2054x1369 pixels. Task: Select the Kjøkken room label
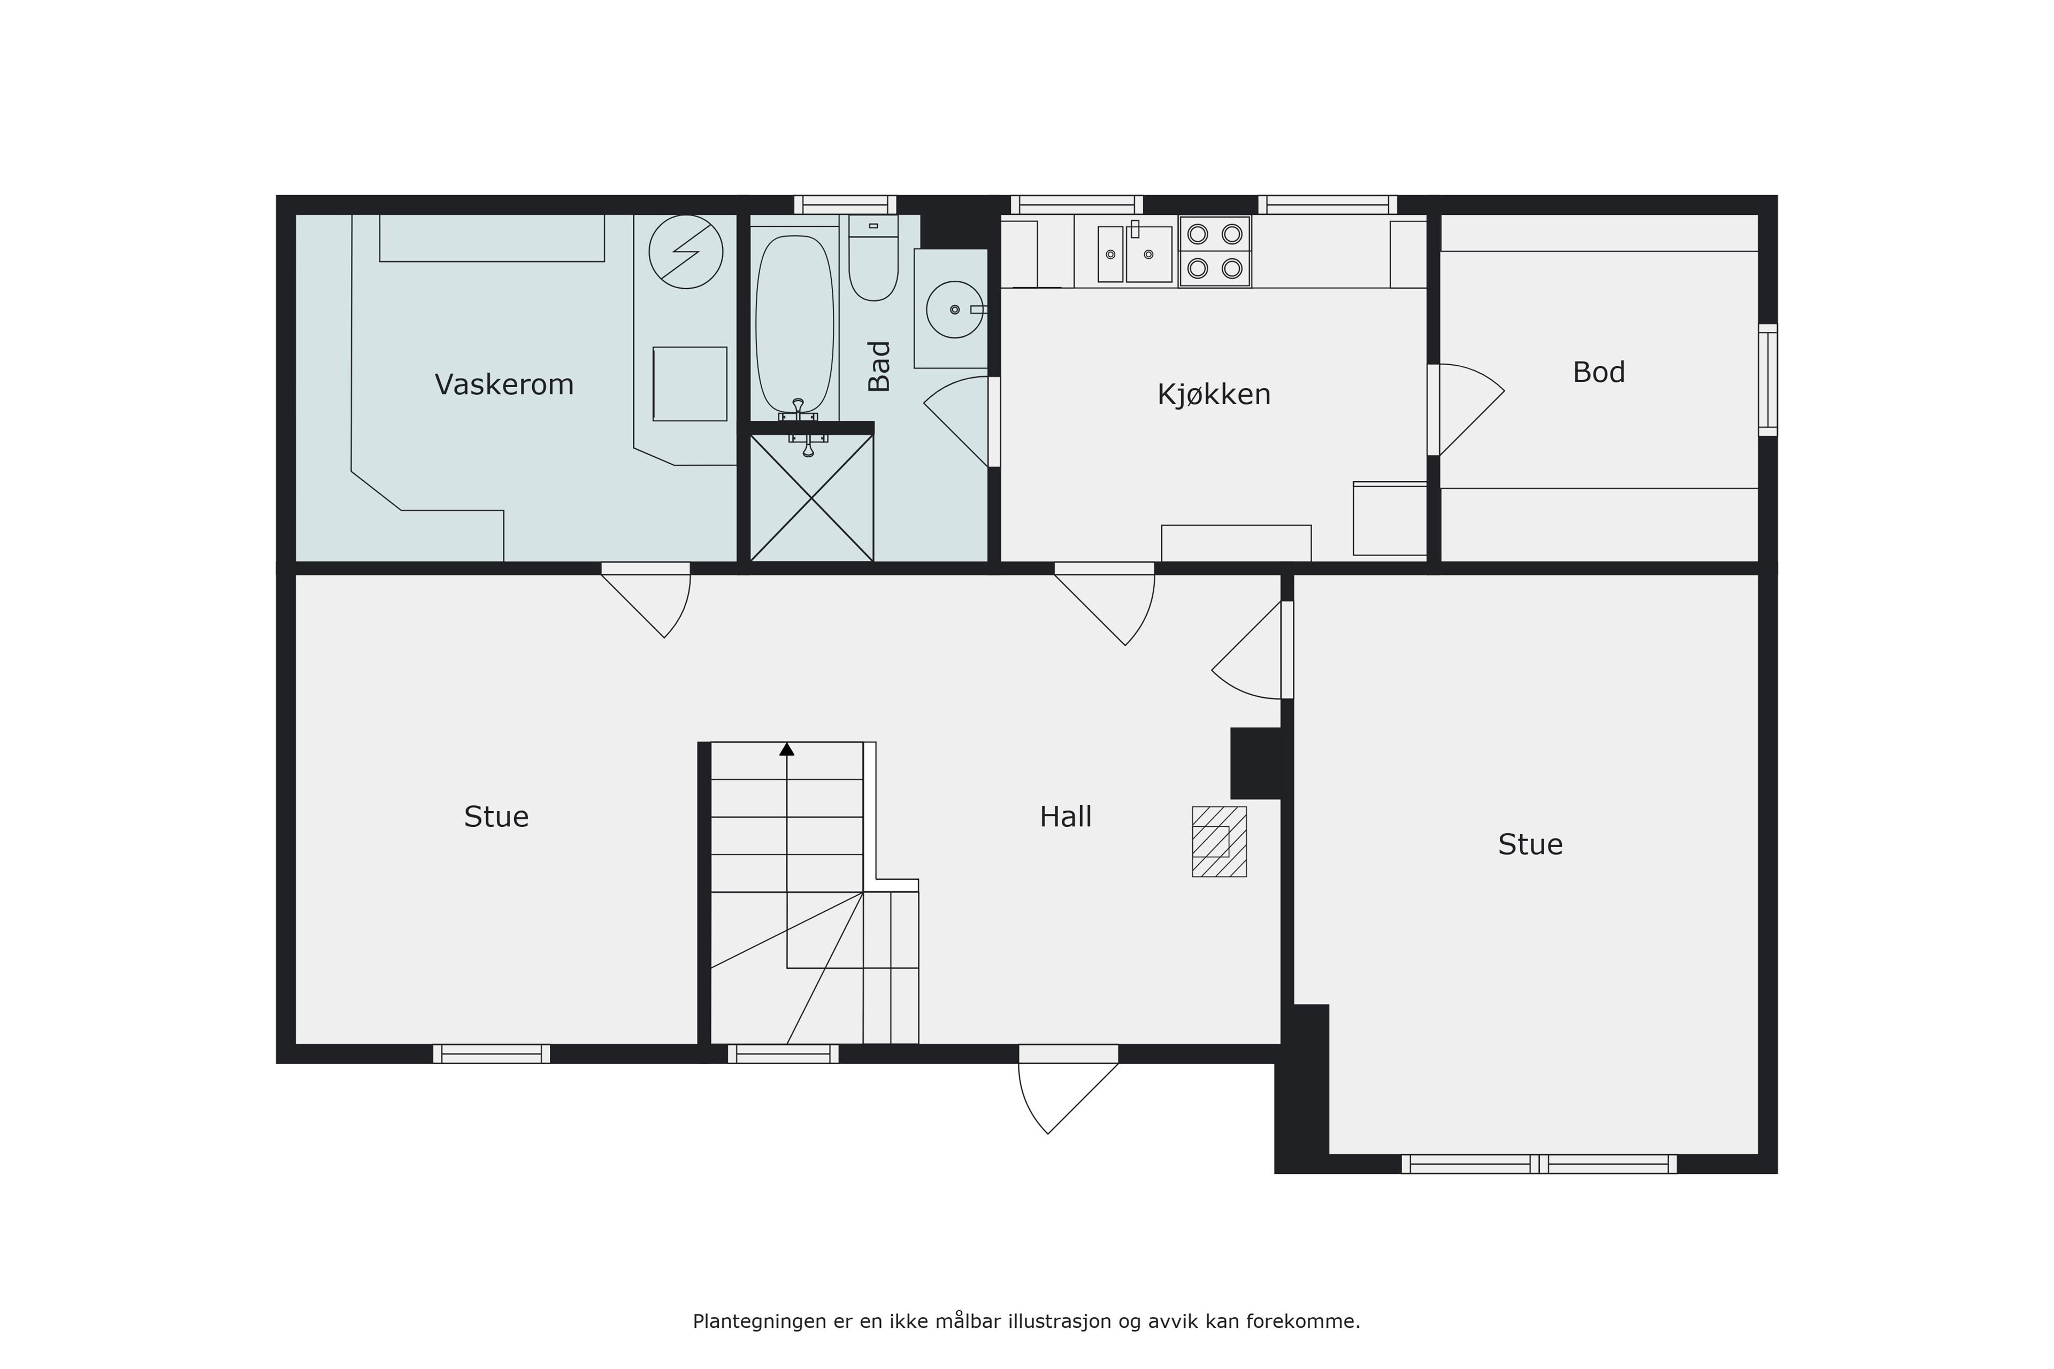tap(1214, 395)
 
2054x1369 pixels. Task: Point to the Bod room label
tap(1599, 372)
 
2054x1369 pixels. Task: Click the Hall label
tap(1066, 817)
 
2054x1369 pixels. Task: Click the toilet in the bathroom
tap(873, 258)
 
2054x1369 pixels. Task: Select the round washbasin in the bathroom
tap(954, 309)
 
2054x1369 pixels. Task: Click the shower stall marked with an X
tap(811, 498)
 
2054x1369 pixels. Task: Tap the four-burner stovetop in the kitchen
tap(1215, 251)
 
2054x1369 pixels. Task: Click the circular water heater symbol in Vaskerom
tap(686, 252)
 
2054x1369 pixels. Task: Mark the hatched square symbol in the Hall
tap(1219, 841)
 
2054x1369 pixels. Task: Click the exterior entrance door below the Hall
tap(1068, 1089)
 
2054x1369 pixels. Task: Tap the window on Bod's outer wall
tap(1767, 380)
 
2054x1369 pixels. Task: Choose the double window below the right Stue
tap(1539, 1164)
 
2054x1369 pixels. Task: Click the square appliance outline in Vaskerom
tap(690, 384)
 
